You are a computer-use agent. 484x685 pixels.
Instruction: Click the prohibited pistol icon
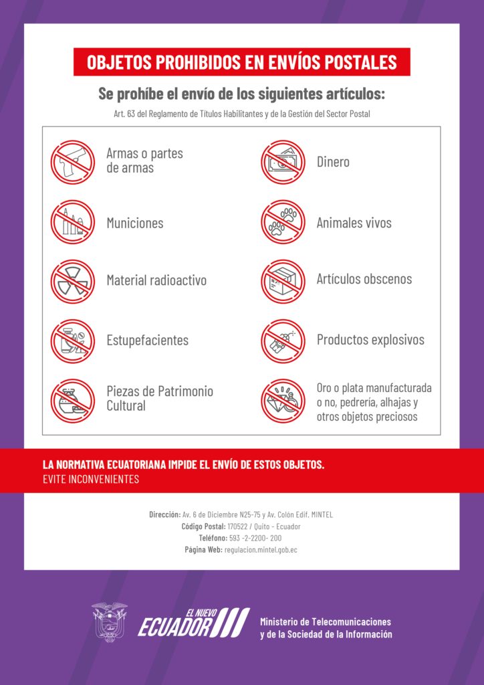73,161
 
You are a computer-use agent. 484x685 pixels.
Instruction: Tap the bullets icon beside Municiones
73,222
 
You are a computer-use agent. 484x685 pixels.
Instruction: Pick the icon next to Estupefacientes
73,341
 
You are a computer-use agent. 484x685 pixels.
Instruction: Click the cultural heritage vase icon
73,401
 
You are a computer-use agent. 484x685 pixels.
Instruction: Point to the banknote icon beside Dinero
283,162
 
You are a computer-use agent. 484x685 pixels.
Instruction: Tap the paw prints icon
283,222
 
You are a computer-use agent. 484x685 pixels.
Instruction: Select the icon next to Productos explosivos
283,341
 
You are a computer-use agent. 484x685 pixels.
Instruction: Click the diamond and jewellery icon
283,401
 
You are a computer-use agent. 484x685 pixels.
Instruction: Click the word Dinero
333,162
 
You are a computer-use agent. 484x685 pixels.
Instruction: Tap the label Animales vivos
354,223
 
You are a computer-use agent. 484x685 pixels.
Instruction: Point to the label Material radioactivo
156,280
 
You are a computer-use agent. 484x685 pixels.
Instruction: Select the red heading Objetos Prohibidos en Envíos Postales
241,62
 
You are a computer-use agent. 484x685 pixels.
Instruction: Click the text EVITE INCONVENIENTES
90,479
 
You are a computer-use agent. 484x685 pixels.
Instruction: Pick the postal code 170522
238,526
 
